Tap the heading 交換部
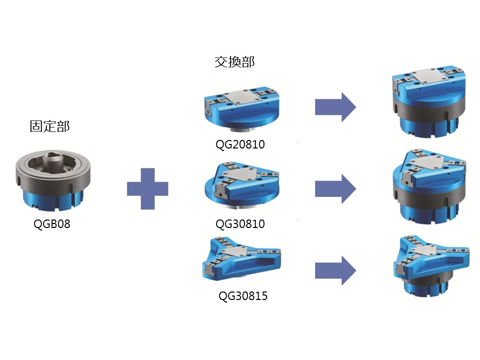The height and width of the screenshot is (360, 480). (x=234, y=62)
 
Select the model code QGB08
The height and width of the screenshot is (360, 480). (x=52, y=224)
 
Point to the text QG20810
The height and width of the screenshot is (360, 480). (x=240, y=145)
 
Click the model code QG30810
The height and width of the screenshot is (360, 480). (x=240, y=224)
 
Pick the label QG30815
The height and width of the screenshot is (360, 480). (x=243, y=296)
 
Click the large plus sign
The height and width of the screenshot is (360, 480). (x=147, y=188)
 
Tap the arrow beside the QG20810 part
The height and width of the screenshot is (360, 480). (x=335, y=107)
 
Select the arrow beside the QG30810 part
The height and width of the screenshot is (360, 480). (x=335, y=188)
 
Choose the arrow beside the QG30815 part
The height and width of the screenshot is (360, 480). (x=335, y=270)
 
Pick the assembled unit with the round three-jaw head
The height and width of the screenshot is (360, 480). (x=429, y=185)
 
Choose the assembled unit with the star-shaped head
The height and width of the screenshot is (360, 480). (x=428, y=268)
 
